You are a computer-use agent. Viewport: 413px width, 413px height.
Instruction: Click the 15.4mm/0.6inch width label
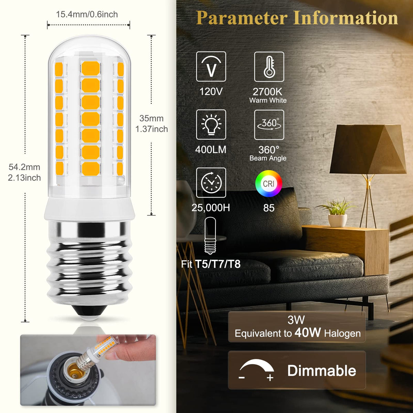tap(87, 14)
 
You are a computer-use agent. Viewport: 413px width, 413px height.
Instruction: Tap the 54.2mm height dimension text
tap(24, 167)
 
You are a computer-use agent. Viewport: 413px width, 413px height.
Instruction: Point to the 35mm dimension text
tap(151, 118)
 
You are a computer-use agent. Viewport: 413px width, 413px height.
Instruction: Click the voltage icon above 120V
tap(211, 66)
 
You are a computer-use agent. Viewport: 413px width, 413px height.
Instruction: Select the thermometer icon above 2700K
tap(269, 67)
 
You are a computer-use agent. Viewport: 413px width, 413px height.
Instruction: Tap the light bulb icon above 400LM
tap(211, 125)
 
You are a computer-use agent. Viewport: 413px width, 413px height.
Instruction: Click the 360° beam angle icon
tap(269, 125)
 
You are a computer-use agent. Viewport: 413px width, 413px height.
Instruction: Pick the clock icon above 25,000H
tap(211, 183)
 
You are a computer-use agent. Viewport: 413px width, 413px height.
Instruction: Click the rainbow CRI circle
tap(268, 183)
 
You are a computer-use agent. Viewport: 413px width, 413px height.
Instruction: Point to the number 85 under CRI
tap(269, 208)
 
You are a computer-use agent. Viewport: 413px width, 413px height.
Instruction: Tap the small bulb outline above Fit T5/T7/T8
tap(210, 236)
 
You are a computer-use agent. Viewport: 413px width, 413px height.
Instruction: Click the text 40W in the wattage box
tap(308, 332)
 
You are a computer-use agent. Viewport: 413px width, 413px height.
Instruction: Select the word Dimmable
tap(322, 371)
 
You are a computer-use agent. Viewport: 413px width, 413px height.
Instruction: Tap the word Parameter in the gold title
tap(242, 18)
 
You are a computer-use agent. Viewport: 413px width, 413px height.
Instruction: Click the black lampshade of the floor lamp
tap(368, 149)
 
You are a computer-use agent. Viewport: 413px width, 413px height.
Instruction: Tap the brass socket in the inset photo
tap(73, 373)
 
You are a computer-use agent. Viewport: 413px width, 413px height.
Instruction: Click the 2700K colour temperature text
tap(267, 92)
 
